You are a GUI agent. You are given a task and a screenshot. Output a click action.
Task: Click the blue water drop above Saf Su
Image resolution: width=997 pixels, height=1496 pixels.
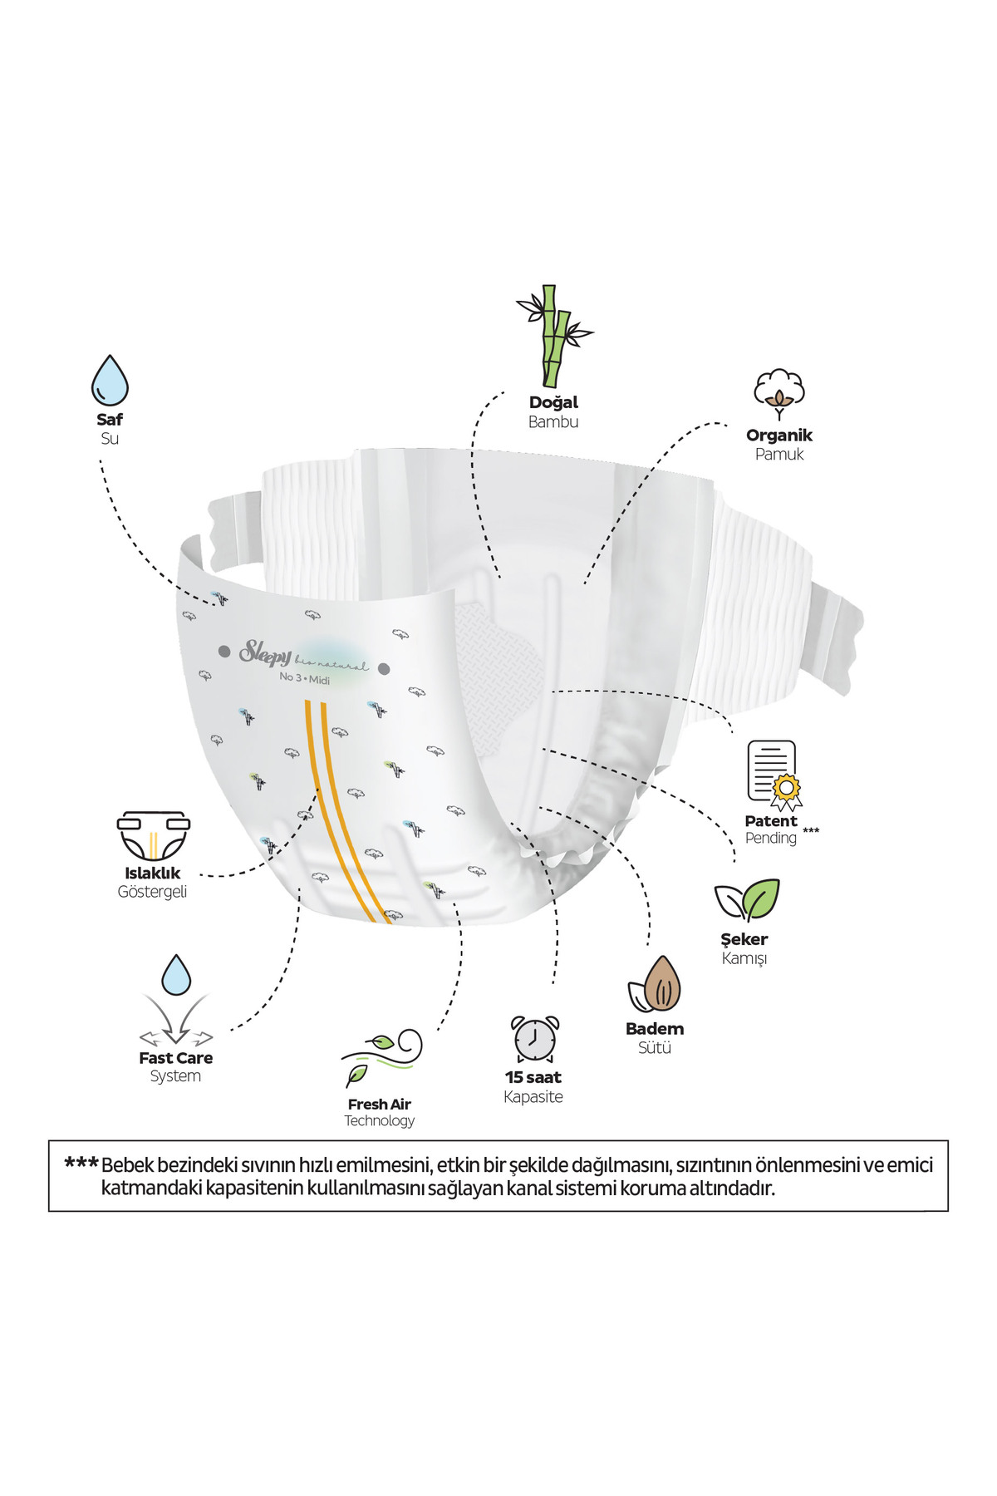110,381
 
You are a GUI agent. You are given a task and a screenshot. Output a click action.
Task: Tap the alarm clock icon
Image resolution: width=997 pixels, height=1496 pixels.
534,1038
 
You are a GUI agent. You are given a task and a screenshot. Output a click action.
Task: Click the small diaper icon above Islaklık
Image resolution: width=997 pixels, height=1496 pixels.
153,834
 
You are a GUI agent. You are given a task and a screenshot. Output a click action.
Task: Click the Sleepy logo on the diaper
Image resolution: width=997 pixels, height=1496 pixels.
265,652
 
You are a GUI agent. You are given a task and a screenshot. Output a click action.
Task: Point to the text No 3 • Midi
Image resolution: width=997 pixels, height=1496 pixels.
304,678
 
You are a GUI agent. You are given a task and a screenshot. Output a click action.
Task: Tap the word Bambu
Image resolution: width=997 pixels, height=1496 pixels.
553,422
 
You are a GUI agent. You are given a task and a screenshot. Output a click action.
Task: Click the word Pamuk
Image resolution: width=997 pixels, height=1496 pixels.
779,455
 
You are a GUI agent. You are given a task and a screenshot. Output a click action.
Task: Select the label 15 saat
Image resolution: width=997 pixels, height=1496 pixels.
533,1077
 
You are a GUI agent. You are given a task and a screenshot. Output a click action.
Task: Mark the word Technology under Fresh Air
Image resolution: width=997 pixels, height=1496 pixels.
380,1120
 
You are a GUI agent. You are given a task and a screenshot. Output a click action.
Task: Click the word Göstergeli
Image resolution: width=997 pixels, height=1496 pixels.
152,892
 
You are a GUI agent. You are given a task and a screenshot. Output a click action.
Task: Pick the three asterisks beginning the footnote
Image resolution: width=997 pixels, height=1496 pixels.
81,1164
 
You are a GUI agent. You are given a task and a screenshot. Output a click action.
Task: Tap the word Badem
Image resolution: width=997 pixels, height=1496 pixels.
655,1029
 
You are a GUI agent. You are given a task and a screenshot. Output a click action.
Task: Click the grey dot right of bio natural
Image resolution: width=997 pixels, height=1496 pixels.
384,668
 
